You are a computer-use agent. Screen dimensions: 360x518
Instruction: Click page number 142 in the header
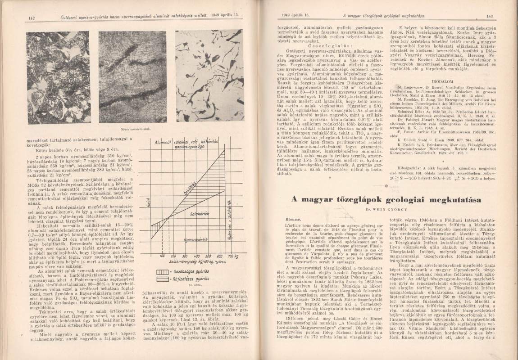click(x=32, y=18)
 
